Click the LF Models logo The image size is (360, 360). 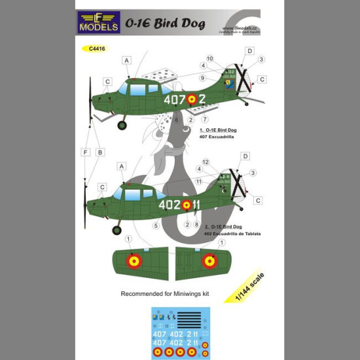pyautogui.click(x=99, y=22)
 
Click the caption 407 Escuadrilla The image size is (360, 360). pyautogui.click(x=219, y=136)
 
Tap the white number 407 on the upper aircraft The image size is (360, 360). pyautogui.click(x=174, y=100)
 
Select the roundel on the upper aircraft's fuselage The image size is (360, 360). pyautogui.click(x=192, y=100)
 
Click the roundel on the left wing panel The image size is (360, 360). pyautogui.click(x=134, y=261)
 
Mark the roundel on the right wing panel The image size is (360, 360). pyautogui.click(x=209, y=261)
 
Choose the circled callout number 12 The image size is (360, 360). pyautogui.click(x=206, y=162)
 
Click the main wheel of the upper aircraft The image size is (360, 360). pyautogui.click(x=122, y=124)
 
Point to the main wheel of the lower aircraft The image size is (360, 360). pyautogui.click(x=118, y=230)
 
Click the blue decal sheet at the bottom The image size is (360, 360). pyautogui.click(x=181, y=332)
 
